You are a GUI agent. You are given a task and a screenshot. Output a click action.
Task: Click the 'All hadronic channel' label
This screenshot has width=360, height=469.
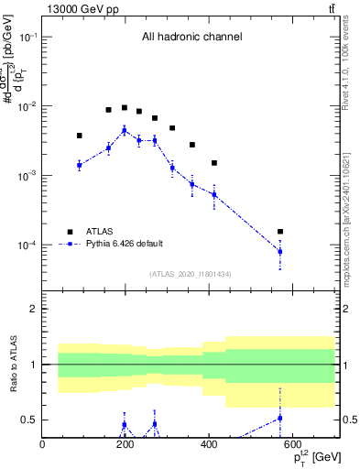[191, 38]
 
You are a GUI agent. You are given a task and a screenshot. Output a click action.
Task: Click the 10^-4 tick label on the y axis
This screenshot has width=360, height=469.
[27, 245]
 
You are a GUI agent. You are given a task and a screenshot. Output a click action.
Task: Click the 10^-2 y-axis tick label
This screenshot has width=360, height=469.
[27, 106]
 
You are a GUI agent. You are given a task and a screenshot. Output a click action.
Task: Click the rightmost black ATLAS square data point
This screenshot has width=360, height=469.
[280, 232]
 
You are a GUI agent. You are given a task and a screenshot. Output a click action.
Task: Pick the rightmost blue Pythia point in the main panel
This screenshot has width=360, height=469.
[280, 251]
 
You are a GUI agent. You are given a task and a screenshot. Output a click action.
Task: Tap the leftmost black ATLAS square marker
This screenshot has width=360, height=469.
[79, 136]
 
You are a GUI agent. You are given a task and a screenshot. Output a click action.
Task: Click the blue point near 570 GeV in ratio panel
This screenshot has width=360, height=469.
[280, 418]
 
